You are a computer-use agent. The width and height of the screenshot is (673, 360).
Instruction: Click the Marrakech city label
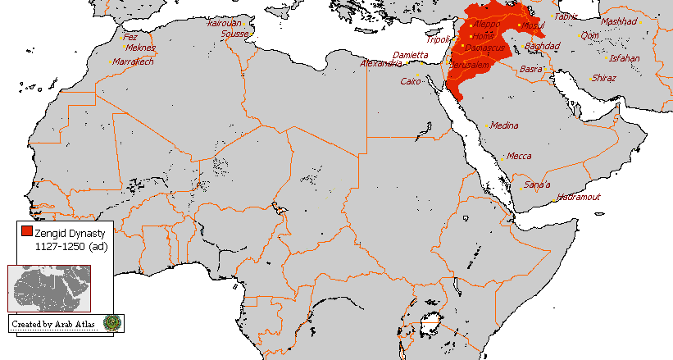[x=134, y=62]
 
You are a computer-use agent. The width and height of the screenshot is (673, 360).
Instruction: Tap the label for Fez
[x=130, y=37]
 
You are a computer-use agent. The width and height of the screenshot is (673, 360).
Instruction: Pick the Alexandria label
[x=381, y=63]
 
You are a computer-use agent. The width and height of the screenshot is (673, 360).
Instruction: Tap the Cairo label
[x=410, y=81]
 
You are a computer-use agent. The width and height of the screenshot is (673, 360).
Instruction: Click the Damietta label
[x=410, y=54]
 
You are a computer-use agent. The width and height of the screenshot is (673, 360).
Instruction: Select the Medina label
[x=505, y=125]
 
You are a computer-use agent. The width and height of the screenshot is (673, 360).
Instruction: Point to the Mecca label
[x=519, y=156]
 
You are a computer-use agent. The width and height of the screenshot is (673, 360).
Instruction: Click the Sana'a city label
[x=538, y=184]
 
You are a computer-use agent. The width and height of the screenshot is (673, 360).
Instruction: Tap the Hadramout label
[x=579, y=197]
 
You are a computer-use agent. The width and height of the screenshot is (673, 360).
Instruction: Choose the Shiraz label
[x=606, y=78]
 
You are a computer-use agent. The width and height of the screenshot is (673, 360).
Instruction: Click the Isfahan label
[x=625, y=58]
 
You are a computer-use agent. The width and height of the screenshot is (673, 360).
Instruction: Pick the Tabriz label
[x=566, y=16]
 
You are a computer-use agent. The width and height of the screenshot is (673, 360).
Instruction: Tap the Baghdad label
[x=542, y=46]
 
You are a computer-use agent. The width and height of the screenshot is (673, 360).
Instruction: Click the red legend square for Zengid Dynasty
[x=28, y=232]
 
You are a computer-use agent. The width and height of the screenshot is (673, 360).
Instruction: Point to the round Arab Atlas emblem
[x=112, y=322]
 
